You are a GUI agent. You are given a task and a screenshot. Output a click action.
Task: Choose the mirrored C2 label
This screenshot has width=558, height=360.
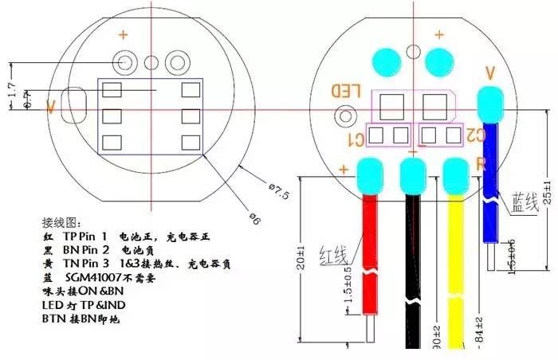point(475,135)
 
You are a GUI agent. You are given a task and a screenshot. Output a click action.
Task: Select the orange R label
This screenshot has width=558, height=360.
point(481,162)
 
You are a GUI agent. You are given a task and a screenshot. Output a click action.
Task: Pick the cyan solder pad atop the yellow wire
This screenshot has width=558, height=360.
point(455,170)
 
